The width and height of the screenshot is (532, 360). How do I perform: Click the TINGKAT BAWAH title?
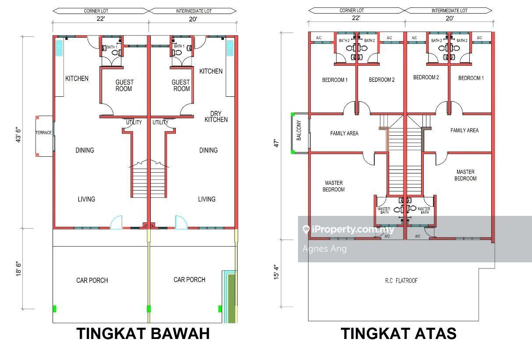[x=143, y=333]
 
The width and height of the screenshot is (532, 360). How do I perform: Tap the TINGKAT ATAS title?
[x=398, y=333]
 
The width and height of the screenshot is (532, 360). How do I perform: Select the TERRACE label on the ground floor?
[x=44, y=133]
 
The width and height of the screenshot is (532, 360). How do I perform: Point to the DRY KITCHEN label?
[x=216, y=116]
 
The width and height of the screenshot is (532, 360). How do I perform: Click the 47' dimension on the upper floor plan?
[x=277, y=143]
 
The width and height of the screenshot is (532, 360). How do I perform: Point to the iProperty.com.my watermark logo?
[x=348, y=229]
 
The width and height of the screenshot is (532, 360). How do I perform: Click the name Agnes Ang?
[x=325, y=249]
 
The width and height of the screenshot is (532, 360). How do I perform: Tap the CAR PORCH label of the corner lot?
[x=92, y=280]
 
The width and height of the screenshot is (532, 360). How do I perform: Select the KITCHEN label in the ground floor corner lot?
[x=77, y=79]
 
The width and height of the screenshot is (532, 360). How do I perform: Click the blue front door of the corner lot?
[x=116, y=222]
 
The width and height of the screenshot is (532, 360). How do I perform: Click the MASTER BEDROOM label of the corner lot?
[x=334, y=186]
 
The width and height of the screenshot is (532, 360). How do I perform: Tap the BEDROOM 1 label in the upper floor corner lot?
[x=335, y=80]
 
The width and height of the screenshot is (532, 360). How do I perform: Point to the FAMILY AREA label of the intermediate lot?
[x=465, y=131]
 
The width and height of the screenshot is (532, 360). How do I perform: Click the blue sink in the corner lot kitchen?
[x=59, y=48]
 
